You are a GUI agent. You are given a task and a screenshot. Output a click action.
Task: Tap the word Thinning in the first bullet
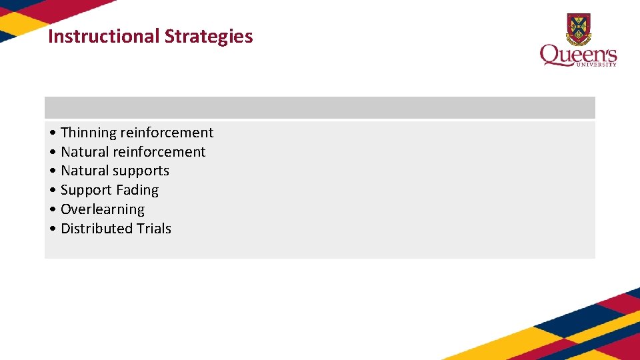[89, 133]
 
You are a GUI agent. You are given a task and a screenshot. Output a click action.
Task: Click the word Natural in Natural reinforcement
[85, 152]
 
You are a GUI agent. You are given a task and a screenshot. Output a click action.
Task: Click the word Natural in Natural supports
[85, 171]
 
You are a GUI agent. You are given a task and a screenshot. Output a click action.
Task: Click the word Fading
[137, 191]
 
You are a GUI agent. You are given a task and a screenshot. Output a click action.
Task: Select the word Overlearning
[103, 209]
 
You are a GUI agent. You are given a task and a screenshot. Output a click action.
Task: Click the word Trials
[154, 229]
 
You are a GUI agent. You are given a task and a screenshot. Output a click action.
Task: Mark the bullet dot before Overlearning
[53, 210]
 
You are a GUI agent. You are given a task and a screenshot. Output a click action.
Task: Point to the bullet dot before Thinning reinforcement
[53, 133]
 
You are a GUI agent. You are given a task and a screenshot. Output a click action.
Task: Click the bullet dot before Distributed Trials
[53, 229]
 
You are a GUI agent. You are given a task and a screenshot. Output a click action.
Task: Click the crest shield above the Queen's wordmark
[579, 28]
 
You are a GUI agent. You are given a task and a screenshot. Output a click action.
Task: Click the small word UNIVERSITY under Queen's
[599, 65]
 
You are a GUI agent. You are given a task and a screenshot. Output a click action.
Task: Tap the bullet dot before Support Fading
[53, 191]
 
